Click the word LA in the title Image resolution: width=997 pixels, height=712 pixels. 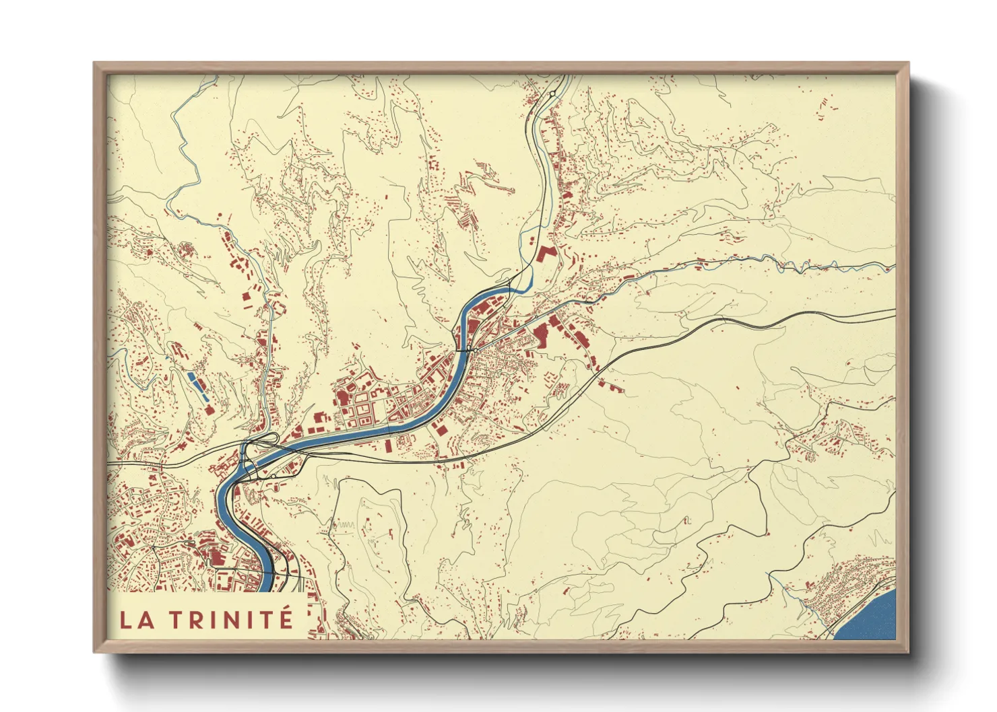(x=136, y=619)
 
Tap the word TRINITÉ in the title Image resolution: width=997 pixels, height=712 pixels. (x=240, y=619)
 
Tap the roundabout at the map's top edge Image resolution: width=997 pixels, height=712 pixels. (x=552, y=94)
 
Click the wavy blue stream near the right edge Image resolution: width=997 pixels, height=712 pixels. (x=808, y=265)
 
